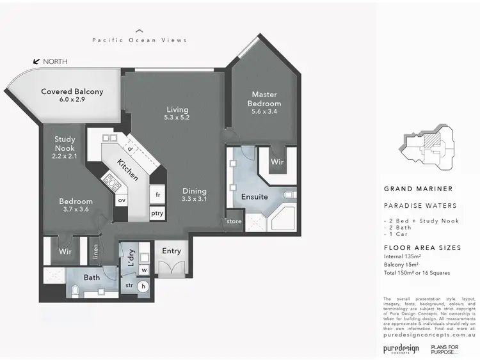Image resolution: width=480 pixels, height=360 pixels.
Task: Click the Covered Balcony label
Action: click(72, 91)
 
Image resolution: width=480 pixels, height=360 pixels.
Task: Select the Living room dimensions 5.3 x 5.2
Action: click(177, 118)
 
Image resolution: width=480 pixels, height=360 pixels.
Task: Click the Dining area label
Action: click(195, 191)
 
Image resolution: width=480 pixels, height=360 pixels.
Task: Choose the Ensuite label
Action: click(255, 197)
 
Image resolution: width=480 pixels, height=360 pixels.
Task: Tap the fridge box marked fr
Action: click(157, 194)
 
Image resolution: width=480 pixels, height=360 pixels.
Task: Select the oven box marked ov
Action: click(121, 200)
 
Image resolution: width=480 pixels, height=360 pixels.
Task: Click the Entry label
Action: click(172, 251)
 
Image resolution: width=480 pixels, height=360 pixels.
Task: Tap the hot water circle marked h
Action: click(143, 286)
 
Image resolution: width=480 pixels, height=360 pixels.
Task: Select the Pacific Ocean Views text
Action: click(140, 40)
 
